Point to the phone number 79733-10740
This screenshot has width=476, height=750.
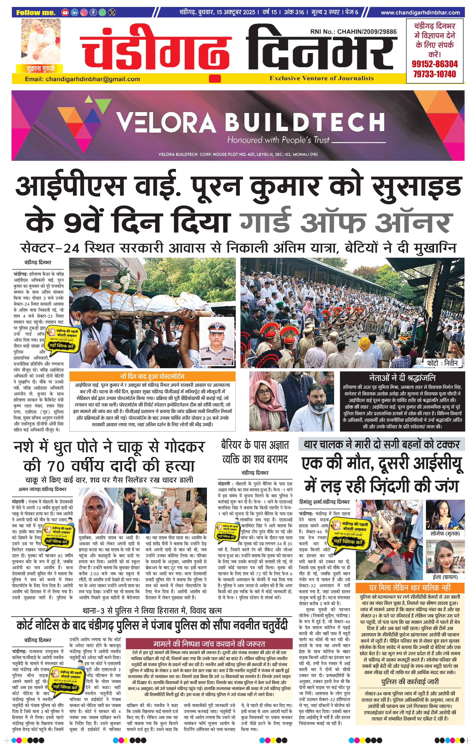click(435, 74)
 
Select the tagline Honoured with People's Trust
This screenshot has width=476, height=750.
click(278, 140)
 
